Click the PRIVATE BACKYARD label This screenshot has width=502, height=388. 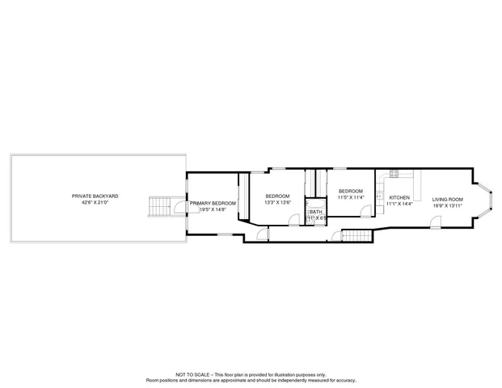tap(95, 196)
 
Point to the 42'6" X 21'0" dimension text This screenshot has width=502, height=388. tap(95, 203)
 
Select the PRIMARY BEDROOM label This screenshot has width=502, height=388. tap(213, 203)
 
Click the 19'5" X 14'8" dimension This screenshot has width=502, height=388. tap(213, 210)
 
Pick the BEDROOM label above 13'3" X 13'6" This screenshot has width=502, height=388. tap(277, 196)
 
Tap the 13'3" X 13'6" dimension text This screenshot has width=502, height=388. tap(277, 204)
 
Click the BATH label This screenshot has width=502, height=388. tap(315, 212)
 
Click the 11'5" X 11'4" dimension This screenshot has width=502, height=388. tap(350, 196)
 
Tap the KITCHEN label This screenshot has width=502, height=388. tap(399, 197)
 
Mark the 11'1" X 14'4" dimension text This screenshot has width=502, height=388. tap(399, 205)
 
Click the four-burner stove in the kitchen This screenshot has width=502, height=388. tap(394, 173)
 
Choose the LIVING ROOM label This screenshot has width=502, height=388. tap(447, 199)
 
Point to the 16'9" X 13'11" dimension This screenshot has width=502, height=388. tap(447, 206)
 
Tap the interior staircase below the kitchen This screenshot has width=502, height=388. tap(358, 235)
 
